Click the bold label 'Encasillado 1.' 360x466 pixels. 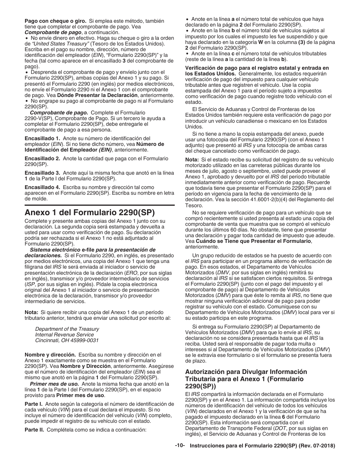pos(42,139)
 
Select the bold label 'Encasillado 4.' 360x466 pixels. pos(42,188)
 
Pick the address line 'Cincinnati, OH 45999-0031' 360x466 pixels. pos(67,341)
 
